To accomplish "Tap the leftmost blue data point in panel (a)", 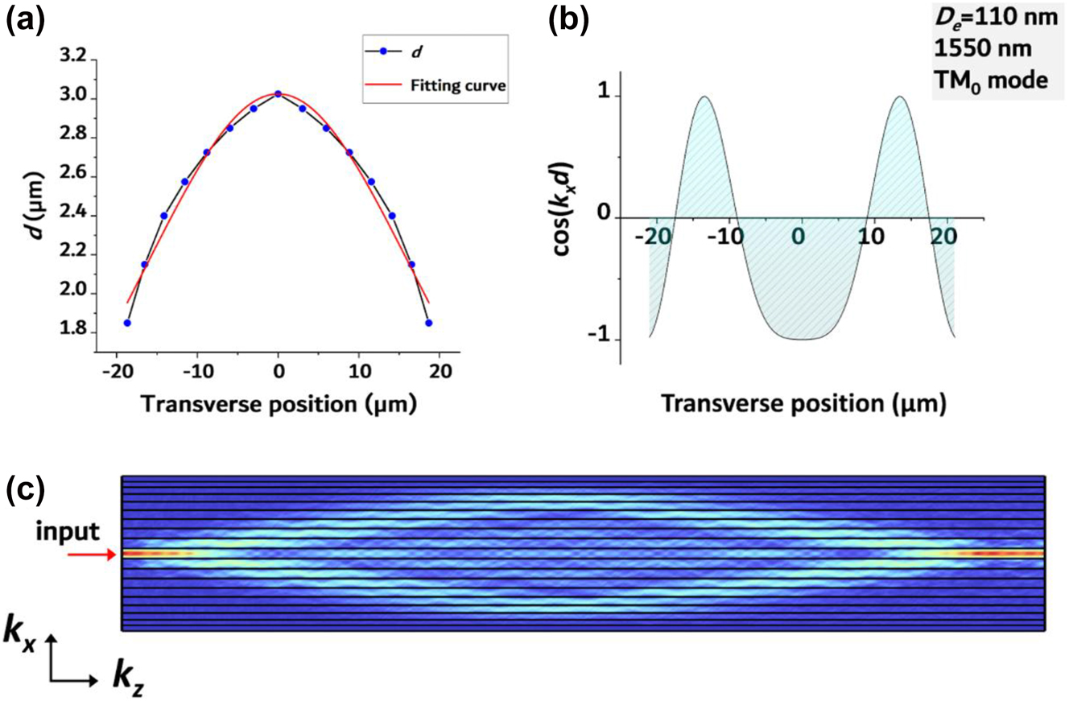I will pos(127,323).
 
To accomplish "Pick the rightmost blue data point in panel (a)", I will pos(429,323).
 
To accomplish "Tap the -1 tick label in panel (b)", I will pos(600,340).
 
